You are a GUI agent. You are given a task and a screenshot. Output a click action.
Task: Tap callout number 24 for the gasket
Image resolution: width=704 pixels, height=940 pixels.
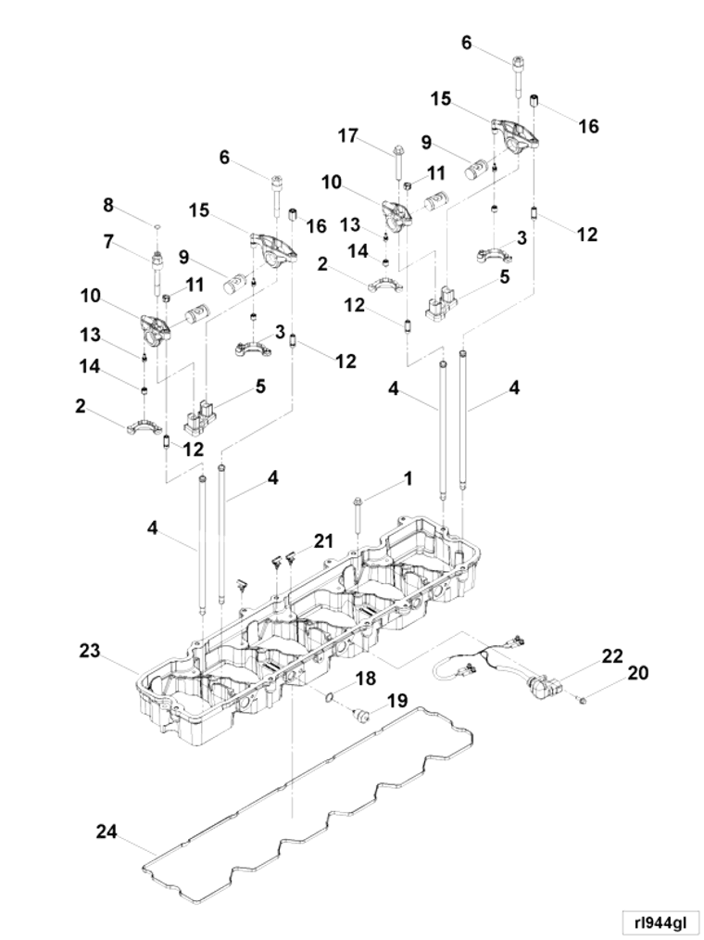point(107,832)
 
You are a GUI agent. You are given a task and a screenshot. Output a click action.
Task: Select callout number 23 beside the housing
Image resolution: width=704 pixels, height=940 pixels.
point(91,651)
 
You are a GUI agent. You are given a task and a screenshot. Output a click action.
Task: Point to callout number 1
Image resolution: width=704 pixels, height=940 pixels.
point(408,479)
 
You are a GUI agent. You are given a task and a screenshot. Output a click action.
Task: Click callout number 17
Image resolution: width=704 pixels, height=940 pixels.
point(348,136)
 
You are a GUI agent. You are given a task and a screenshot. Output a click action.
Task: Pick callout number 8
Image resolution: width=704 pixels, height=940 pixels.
point(107,205)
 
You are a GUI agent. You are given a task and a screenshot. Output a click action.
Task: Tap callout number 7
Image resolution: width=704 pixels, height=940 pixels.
point(107,242)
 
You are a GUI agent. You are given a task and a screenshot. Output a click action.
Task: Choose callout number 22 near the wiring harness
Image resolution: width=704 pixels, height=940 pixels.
point(612,655)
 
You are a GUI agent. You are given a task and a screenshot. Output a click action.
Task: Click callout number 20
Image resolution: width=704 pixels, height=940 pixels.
point(637,673)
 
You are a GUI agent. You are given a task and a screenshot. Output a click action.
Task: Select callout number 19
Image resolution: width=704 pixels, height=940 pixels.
point(397,700)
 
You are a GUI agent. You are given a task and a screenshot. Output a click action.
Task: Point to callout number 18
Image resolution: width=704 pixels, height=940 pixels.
point(366,678)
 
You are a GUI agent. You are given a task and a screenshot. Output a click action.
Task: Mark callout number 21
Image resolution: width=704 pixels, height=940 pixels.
point(323,540)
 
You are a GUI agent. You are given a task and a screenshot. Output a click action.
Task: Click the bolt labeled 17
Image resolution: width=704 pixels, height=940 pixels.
point(397,162)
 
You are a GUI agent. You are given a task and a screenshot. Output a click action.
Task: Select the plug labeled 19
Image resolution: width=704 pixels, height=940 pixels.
point(361,714)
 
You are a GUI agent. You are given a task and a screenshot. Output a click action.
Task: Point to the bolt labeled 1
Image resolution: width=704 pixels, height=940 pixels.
point(358,514)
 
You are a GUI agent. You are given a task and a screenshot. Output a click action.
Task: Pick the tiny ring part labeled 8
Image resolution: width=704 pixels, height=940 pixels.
point(156,227)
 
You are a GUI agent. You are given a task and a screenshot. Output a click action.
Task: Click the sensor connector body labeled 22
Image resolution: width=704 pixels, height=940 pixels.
point(544,684)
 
